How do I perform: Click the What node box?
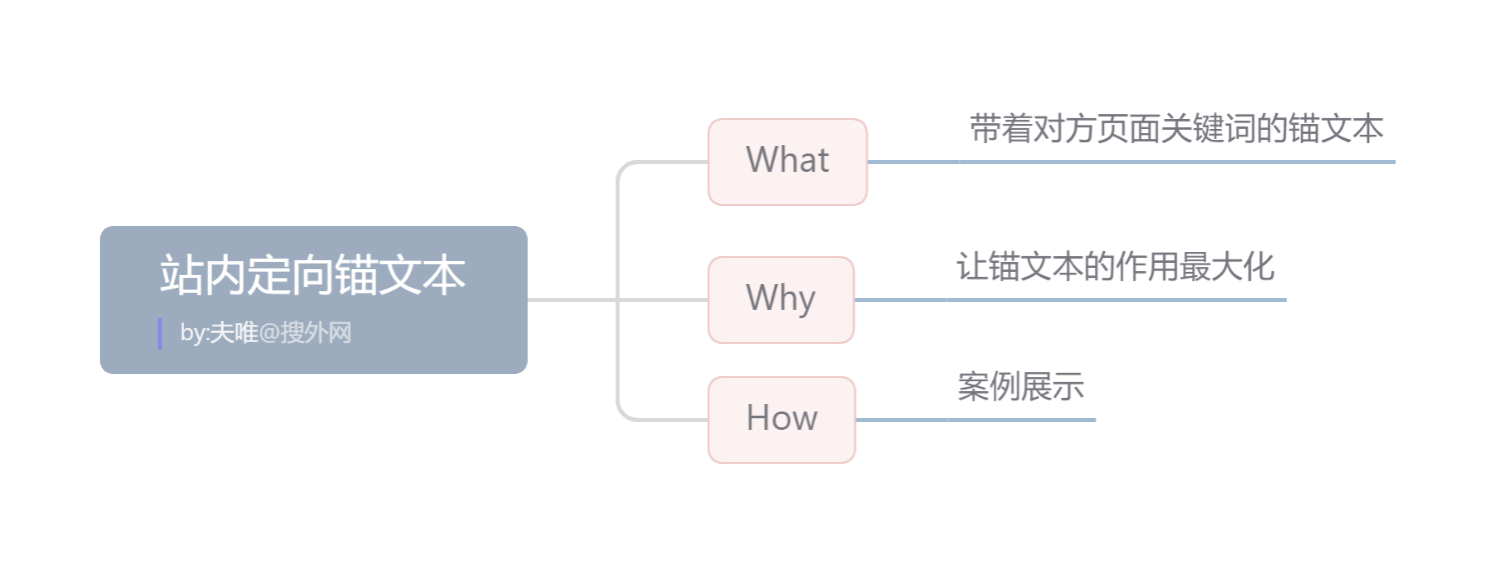click(787, 162)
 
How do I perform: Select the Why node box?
click(780, 299)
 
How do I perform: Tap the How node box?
click(781, 419)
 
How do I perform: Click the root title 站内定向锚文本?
click(313, 276)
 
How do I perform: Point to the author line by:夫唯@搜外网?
click(266, 333)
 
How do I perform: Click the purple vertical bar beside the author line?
click(160, 334)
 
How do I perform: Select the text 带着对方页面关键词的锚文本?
click(1176, 129)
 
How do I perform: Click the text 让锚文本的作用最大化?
click(1115, 267)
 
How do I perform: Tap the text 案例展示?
click(1020, 387)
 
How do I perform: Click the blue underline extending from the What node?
click(1129, 161)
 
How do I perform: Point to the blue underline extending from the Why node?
click(1069, 299)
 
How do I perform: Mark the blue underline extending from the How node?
click(975, 420)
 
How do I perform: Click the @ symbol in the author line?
click(268, 333)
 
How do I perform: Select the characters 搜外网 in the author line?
click(316, 333)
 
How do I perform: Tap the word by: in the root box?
click(194, 333)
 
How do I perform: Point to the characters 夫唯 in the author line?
click(233, 333)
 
